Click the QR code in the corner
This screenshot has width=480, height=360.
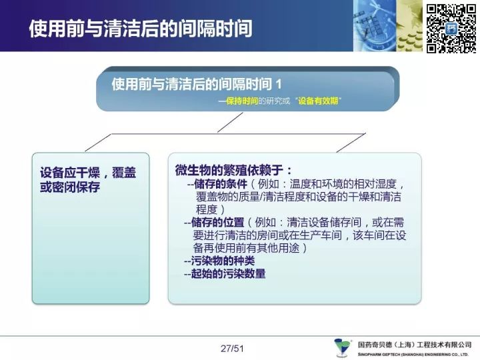pyautogui.click(x=451, y=28)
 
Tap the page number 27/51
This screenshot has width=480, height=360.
pyautogui.click(x=232, y=349)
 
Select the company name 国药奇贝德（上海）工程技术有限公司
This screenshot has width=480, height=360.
pyautogui.click(x=415, y=345)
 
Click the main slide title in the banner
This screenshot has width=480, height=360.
pyautogui.click(x=141, y=29)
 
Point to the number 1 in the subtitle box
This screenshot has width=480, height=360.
pyautogui.click(x=278, y=84)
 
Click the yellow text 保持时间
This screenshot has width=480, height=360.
pyautogui.click(x=242, y=101)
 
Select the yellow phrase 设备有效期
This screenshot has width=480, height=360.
pyautogui.click(x=318, y=101)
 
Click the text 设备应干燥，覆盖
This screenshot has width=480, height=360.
pyautogui.click(x=88, y=173)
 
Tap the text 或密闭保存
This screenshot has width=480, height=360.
pyautogui.click(x=70, y=187)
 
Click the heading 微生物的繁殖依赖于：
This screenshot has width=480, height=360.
pyautogui.click(x=233, y=170)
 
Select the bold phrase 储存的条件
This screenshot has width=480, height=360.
pyautogui.click(x=221, y=184)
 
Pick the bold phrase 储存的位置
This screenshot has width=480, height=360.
pyautogui.click(x=217, y=222)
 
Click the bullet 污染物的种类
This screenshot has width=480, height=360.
pyautogui.click(x=223, y=261)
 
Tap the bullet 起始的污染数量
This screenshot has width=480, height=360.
pyautogui.click(x=228, y=273)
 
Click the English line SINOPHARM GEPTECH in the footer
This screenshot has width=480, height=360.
pyautogui.click(x=413, y=354)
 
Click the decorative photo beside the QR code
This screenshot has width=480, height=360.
pyautogui.click(x=388, y=26)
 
